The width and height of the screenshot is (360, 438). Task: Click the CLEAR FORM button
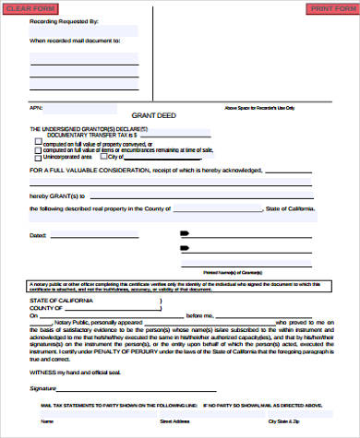tap(26, 7)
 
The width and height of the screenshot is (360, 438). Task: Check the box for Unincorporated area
tap(38, 156)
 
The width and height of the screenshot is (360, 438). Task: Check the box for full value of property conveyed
tap(38, 143)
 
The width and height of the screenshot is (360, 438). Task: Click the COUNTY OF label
tap(48, 308)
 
